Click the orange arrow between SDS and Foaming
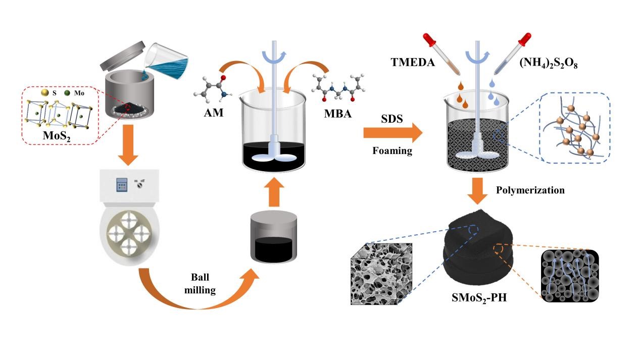[x=392, y=134]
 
